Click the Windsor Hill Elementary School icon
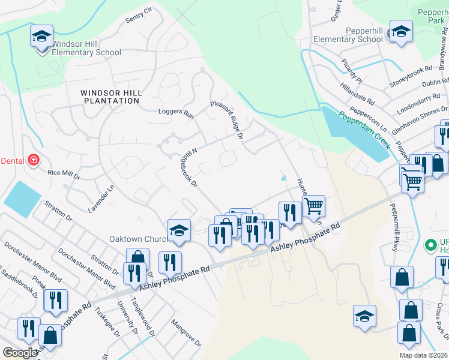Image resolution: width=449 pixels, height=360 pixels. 41,37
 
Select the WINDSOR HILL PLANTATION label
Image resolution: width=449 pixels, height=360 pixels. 112,97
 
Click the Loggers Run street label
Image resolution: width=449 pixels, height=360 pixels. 176,113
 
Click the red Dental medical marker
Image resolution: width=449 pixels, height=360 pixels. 34,160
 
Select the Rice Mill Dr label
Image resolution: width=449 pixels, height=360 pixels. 63,175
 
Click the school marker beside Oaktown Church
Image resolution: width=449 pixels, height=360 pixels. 179,230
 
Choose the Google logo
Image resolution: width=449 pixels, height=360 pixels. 20,353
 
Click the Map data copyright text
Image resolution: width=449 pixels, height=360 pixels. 423,355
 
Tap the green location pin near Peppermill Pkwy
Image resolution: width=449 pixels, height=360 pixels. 430,245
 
